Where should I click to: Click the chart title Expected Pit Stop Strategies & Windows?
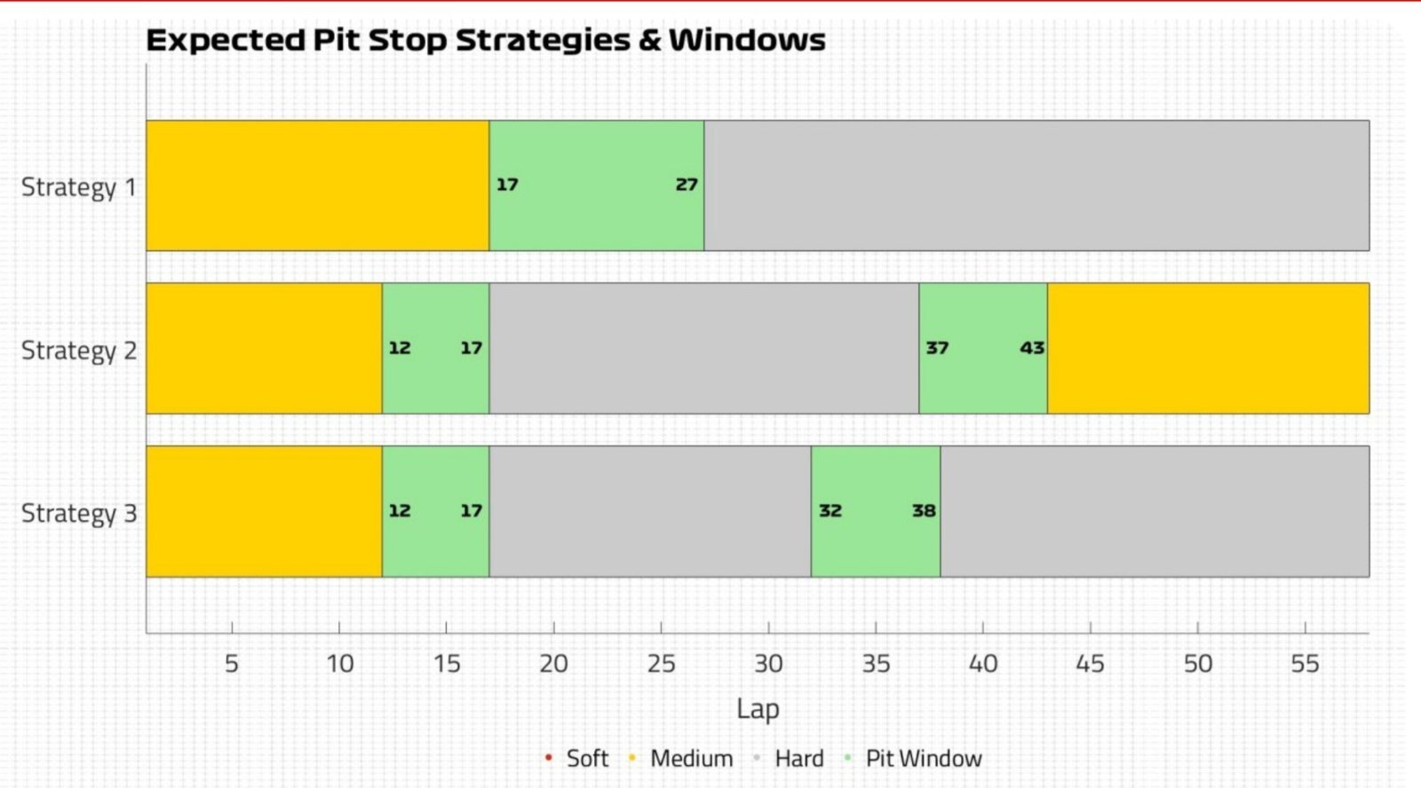click(486, 40)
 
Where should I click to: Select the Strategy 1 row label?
click(79, 187)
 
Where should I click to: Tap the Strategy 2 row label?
click(79, 351)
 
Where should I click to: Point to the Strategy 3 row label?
click(79, 514)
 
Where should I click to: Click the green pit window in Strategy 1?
click(596, 185)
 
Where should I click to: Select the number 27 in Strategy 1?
click(687, 185)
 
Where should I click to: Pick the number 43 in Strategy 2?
click(1032, 348)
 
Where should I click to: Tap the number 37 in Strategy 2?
click(937, 348)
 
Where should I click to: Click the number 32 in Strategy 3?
click(830, 510)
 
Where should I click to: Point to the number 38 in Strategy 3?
click(924, 510)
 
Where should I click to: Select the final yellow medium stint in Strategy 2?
click(1209, 348)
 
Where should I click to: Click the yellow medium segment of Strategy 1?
click(318, 185)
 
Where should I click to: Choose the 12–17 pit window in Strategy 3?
click(436, 511)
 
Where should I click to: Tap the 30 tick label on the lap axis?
click(768, 664)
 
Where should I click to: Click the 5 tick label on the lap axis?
click(232, 664)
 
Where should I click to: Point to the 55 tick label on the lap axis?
click(1305, 664)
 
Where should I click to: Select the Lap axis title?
click(758, 709)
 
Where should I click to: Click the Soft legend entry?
click(576, 758)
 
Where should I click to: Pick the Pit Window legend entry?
click(913, 758)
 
